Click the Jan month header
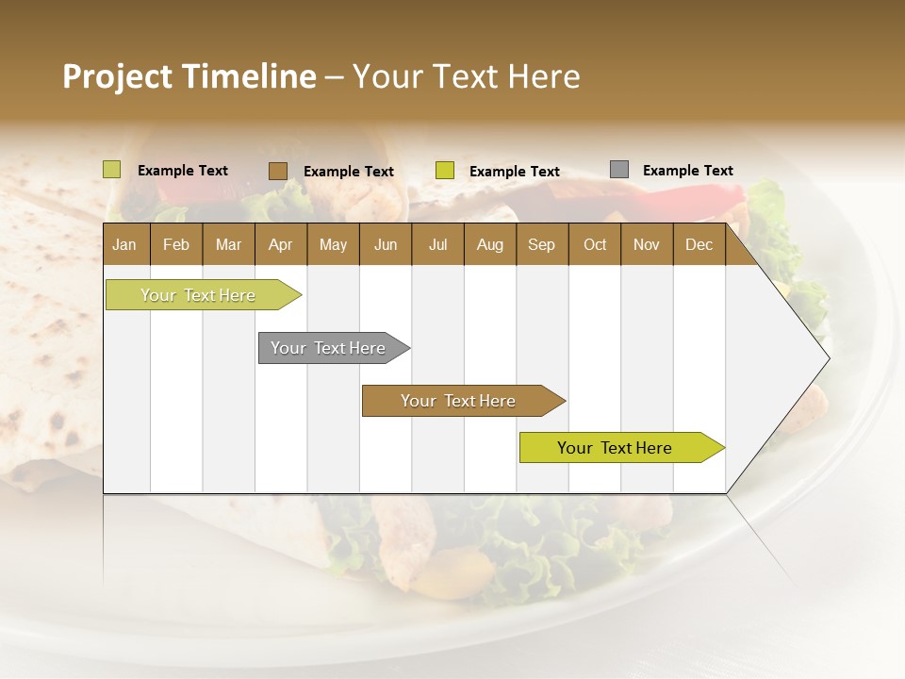[124, 245]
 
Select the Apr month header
[280, 245]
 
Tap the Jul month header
[437, 245]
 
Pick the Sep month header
[541, 245]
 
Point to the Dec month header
[699, 245]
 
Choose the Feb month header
[175, 245]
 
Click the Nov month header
[646, 245]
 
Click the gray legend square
[619, 170]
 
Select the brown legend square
[278, 171]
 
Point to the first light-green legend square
[112, 170]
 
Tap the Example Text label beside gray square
[687, 171]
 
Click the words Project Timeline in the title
[189, 76]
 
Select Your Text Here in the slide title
[466, 76]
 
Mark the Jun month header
[386, 245]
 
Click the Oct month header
[594, 245]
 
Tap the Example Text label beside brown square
[348, 172]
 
